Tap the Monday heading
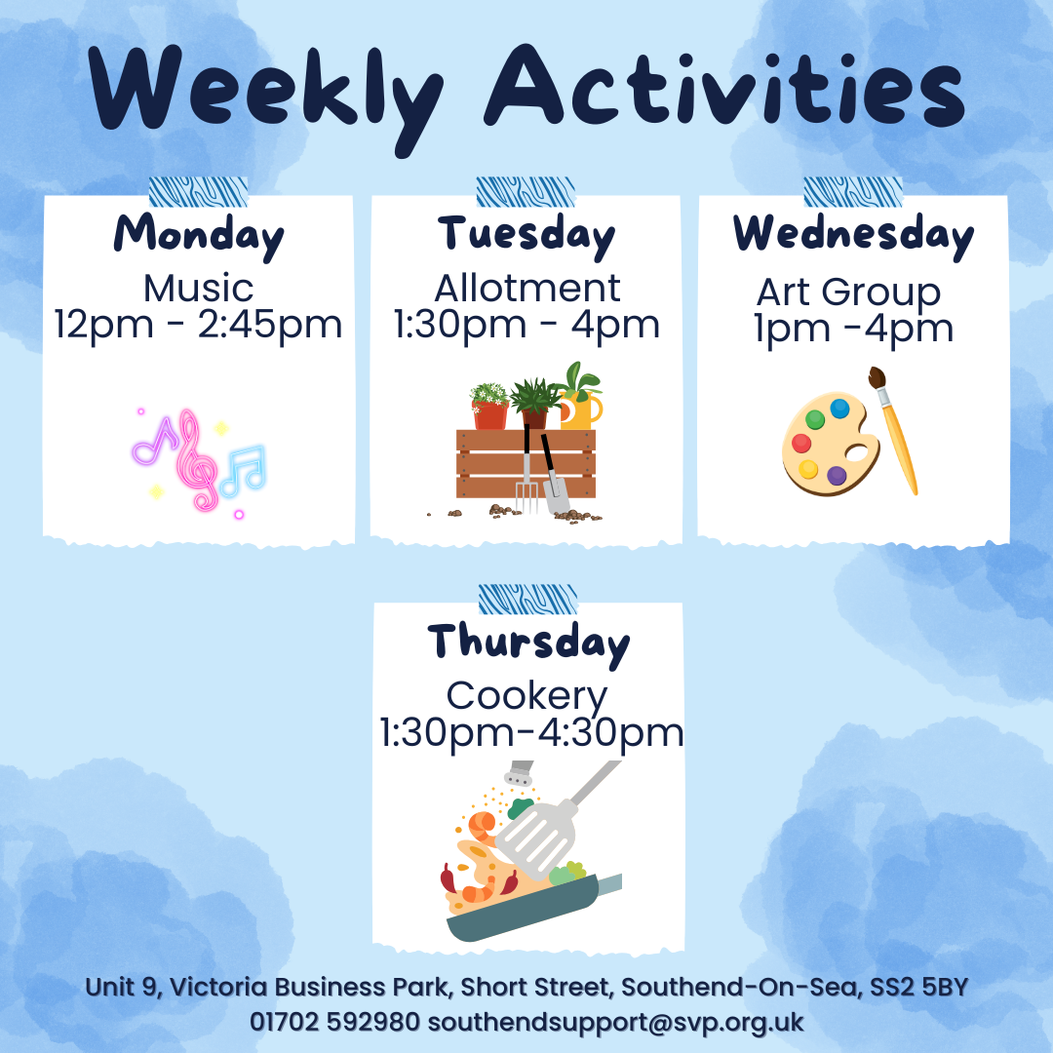(x=199, y=236)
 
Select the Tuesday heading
(x=526, y=236)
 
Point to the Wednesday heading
(x=853, y=235)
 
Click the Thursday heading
(x=528, y=643)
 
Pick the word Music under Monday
(x=199, y=289)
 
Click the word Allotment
(x=527, y=289)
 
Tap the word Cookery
(x=527, y=698)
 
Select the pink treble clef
(x=195, y=460)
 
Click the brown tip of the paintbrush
(x=877, y=378)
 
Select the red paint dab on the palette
(x=801, y=444)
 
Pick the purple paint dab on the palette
(x=837, y=476)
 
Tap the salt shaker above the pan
(x=519, y=773)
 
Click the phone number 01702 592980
(x=334, y=1022)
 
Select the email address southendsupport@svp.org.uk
(x=616, y=1023)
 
